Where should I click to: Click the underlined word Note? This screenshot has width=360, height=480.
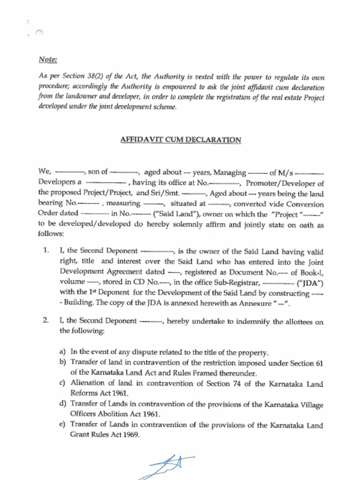click(x=48, y=60)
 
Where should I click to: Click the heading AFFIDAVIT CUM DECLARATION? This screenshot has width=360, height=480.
click(x=181, y=140)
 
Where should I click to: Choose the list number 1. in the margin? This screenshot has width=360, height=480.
click(x=46, y=251)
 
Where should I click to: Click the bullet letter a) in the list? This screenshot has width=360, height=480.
click(x=62, y=352)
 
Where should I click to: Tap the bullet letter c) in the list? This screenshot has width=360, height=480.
click(x=62, y=383)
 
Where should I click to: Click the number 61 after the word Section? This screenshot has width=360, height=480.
click(x=319, y=363)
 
